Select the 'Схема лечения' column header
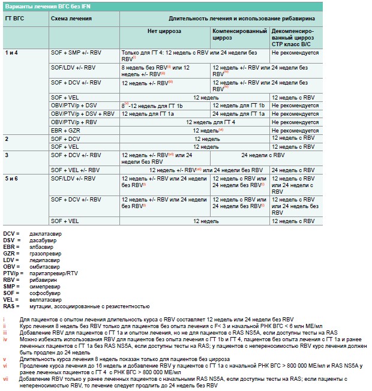tap(71, 19)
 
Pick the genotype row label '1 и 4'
tap(12, 53)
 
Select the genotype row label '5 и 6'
tap(12, 179)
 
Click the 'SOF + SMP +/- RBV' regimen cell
tap(76, 53)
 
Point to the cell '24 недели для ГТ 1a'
tap(238, 113)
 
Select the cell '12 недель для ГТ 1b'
tap(238, 105)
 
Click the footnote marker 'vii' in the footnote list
tap(5, 378)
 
